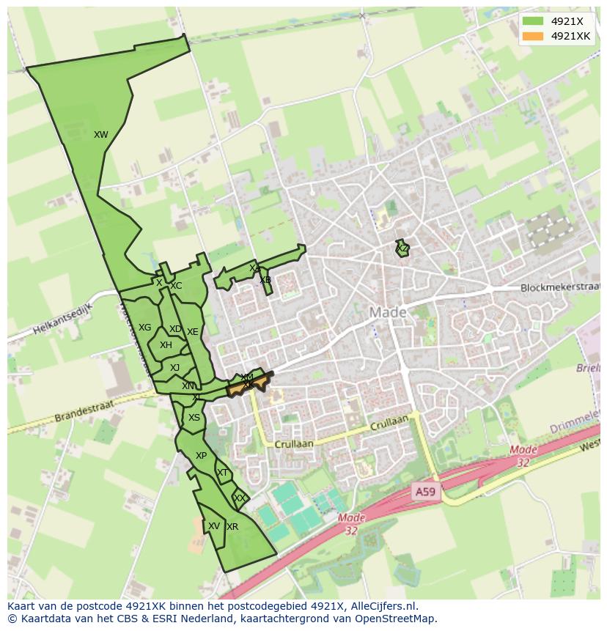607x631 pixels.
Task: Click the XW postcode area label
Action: click(101, 135)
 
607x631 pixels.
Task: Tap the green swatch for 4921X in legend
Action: click(533, 21)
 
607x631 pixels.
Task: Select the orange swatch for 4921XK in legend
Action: click(533, 36)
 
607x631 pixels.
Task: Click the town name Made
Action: click(387, 312)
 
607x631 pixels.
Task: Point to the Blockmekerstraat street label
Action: click(559, 288)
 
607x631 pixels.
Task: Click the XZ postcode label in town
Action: click(402, 249)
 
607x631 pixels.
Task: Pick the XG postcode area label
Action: click(145, 328)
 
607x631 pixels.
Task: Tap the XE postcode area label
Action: click(192, 332)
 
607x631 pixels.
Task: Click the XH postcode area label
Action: click(166, 345)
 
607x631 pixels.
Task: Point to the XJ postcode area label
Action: click(174, 368)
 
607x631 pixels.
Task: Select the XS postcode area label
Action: click(194, 418)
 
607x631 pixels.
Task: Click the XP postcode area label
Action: click(201, 456)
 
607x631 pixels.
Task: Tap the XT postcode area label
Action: click(222, 473)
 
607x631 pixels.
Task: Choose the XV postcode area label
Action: click(213, 526)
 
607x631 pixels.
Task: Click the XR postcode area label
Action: click(232, 527)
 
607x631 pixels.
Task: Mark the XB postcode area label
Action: click(265, 280)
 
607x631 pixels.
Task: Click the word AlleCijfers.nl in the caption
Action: click(382, 606)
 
